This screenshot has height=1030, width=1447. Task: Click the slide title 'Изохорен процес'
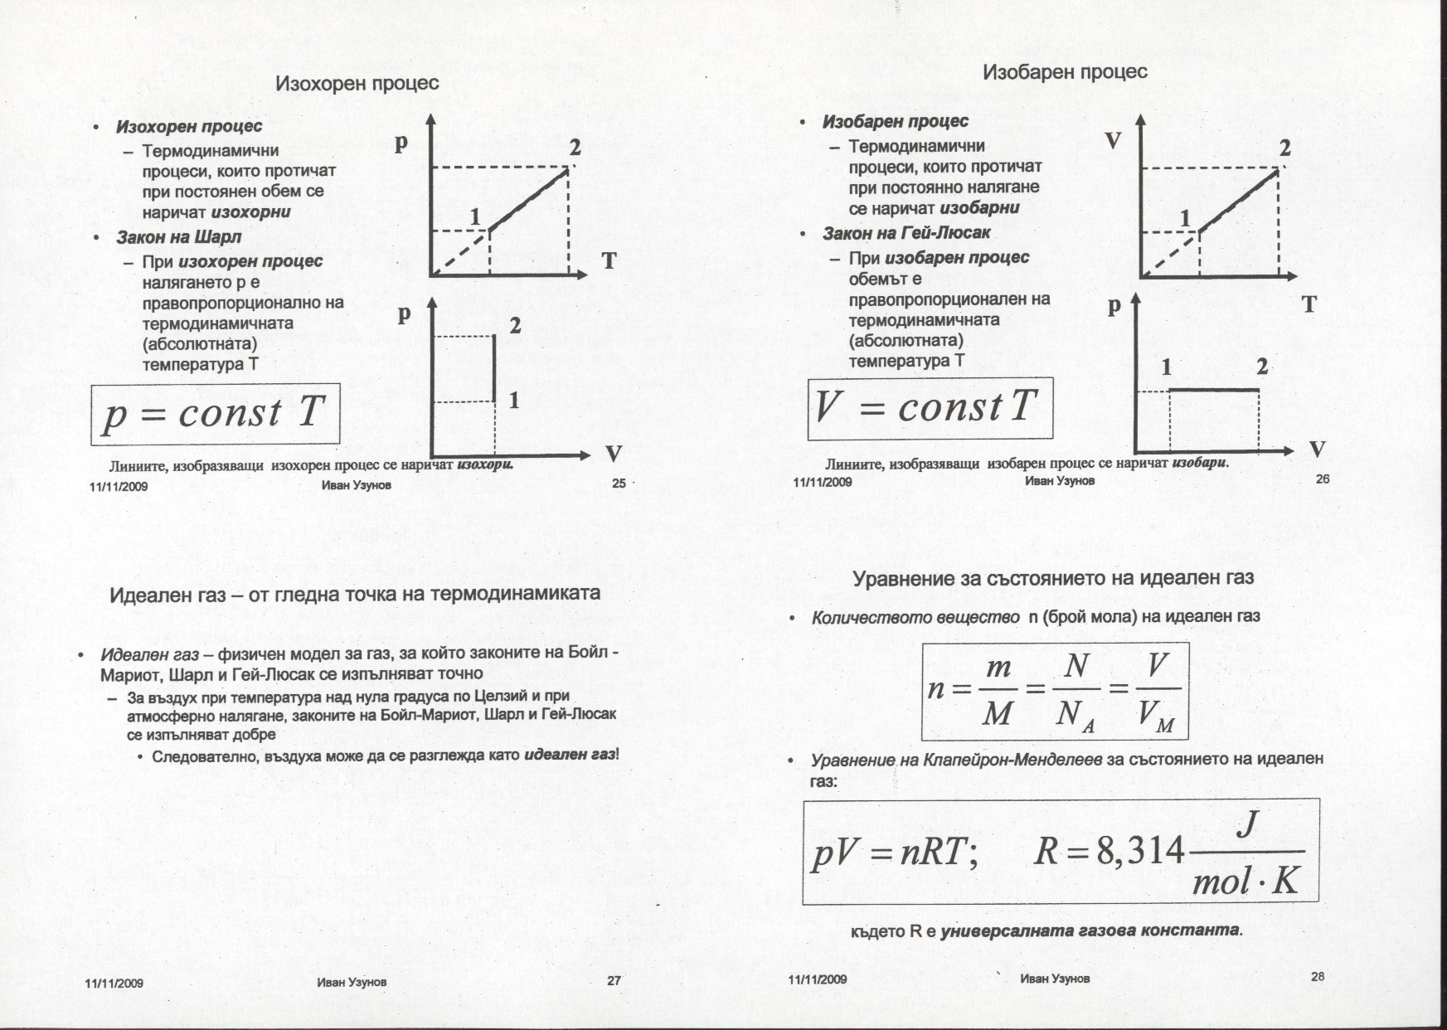pyautogui.click(x=357, y=84)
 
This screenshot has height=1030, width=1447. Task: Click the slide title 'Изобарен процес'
pyautogui.click(x=1065, y=72)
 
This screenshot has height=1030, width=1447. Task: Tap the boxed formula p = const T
pyautogui.click(x=215, y=413)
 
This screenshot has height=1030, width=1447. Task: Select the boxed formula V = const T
pyautogui.click(x=929, y=408)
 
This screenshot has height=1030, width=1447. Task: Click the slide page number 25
pyautogui.click(x=619, y=484)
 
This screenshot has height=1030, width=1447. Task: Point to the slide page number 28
pyautogui.click(x=1318, y=976)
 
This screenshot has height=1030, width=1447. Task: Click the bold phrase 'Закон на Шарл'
pyautogui.click(x=179, y=237)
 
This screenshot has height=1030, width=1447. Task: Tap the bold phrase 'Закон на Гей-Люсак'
pyautogui.click(x=906, y=234)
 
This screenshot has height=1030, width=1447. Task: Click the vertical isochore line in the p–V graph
pyautogui.click(x=495, y=368)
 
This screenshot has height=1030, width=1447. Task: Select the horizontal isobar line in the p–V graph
pyautogui.click(x=1214, y=390)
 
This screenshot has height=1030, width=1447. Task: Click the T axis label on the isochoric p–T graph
pyautogui.click(x=609, y=260)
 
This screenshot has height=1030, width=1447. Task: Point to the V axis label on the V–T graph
pyautogui.click(x=1113, y=141)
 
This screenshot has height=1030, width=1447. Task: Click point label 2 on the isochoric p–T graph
pyautogui.click(x=575, y=149)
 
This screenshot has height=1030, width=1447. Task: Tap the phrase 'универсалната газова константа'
pyautogui.click(x=1090, y=930)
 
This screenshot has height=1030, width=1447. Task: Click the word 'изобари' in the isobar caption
pyautogui.click(x=1198, y=463)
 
